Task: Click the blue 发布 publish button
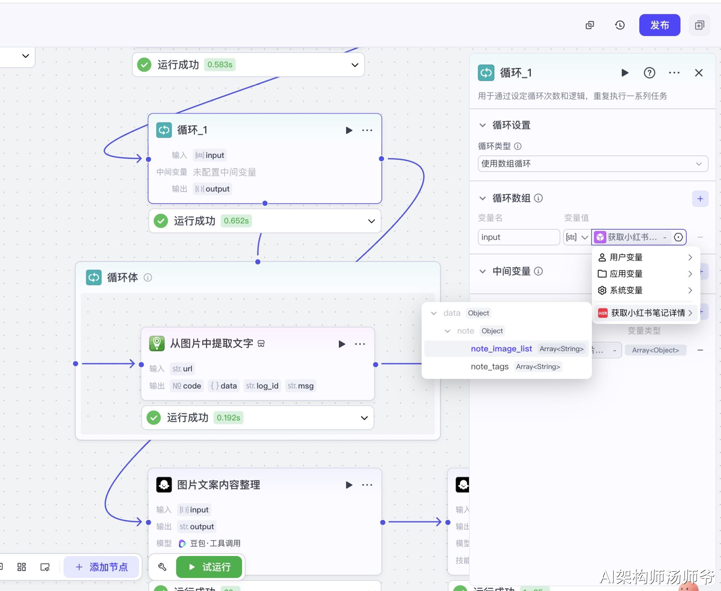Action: click(x=659, y=25)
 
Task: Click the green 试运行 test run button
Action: click(x=209, y=567)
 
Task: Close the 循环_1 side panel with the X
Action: click(x=699, y=73)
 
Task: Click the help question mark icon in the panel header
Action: click(x=649, y=73)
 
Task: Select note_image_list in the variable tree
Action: click(x=501, y=349)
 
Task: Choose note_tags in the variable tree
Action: click(x=489, y=367)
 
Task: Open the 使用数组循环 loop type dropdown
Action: click(x=592, y=164)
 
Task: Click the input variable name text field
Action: click(x=518, y=237)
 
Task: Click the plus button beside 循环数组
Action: click(x=700, y=199)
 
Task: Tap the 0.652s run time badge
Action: click(x=236, y=221)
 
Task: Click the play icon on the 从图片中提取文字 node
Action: click(x=341, y=344)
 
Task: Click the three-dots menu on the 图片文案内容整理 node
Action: click(x=367, y=485)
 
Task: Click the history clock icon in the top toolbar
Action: click(x=620, y=25)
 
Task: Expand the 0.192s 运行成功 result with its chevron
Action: click(x=364, y=418)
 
